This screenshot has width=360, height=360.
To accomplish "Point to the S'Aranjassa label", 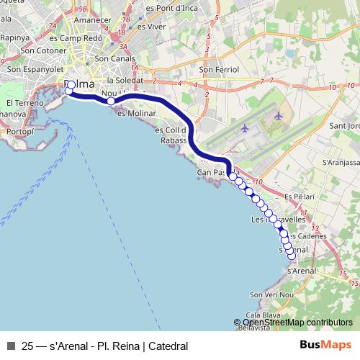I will pyautogui.click(x=338, y=163).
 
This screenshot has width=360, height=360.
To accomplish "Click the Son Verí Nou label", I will pyautogui.click(x=272, y=295).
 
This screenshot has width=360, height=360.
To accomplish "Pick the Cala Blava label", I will pyautogui.click(x=262, y=315).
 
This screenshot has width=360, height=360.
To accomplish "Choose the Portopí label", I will pyautogui.click(x=20, y=132).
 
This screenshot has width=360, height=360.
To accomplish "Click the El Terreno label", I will pyautogui.click(x=21, y=103).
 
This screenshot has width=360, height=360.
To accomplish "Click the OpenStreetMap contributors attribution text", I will pyautogui.click(x=297, y=323).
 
